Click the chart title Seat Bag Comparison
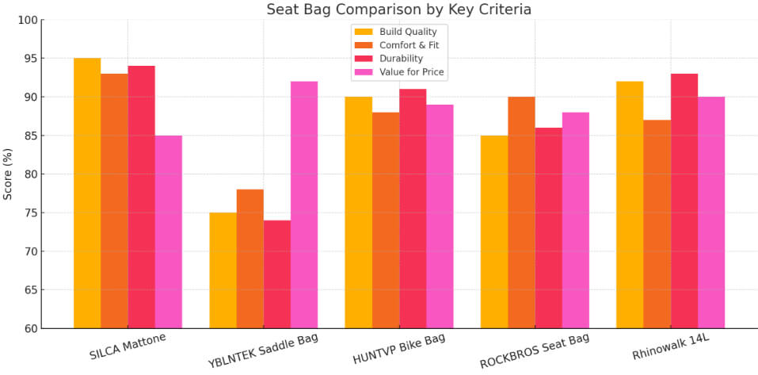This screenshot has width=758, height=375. pos(398,10)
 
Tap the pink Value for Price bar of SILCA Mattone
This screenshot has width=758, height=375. pos(169,232)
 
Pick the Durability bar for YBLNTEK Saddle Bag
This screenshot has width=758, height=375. pos(277,274)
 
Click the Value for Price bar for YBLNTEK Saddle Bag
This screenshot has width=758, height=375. pos(304,205)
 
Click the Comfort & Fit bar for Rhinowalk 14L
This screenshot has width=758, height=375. pos(657,224)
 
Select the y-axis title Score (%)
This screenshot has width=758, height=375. pos(8,174)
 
